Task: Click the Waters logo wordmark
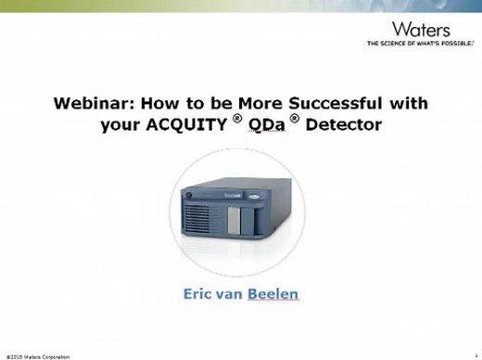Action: point(423,29)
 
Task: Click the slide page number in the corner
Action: point(474,354)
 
